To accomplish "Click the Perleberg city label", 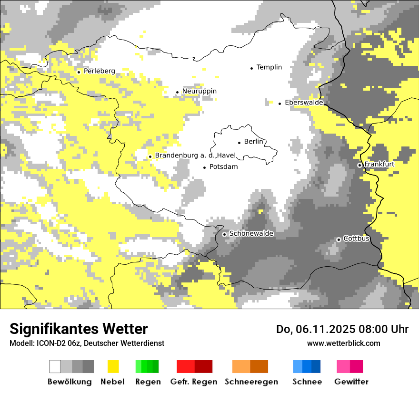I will point(99,71).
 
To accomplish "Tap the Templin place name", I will point(269,67).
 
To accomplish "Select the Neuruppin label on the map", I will point(199,91).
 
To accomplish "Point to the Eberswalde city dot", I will point(279,104).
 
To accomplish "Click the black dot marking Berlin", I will point(239,142).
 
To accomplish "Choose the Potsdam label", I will point(223,167).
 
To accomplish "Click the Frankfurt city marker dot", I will point(359,165).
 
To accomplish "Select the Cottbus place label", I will point(356,239).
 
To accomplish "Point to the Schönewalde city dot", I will point(224,234).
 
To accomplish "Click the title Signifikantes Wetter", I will point(79,329).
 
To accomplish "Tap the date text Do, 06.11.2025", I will point(316,329).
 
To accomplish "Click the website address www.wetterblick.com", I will point(343,343).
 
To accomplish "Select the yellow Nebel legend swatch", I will point(113,366).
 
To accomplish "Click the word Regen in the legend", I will point(147,382).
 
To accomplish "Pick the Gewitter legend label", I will point(351,382).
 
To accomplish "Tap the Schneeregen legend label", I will point(251,382).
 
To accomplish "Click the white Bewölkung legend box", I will point(55,366).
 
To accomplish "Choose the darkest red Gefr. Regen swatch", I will point(203,366).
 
